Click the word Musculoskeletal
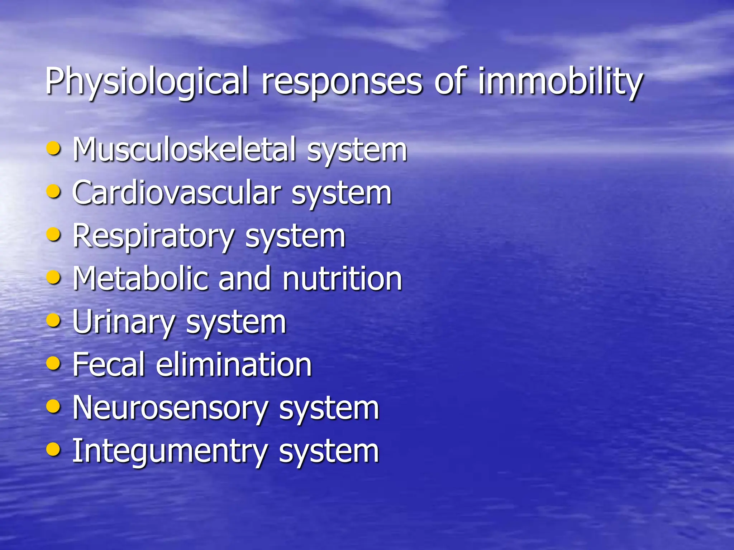coord(184,150)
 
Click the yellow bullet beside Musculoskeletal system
coord(53,148)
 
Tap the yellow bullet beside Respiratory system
coord(53,234)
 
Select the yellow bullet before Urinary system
coord(53,320)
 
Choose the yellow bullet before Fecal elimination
coord(53,363)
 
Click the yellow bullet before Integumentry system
coord(53,449)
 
